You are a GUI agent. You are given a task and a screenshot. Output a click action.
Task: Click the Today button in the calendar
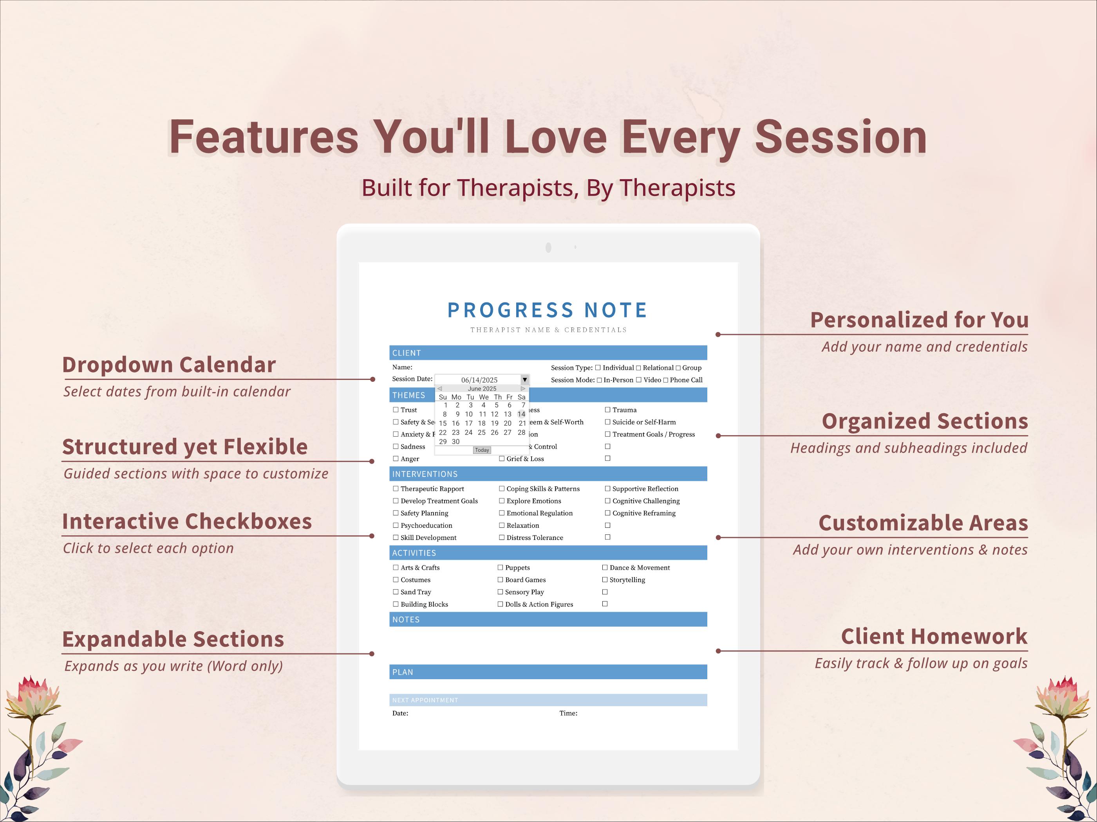482,450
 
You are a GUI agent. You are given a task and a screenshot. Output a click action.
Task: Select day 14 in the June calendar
521,414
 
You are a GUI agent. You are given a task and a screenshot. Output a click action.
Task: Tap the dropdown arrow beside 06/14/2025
525,380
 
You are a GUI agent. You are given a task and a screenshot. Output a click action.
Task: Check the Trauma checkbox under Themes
607,410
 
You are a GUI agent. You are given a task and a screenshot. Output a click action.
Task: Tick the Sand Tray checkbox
396,592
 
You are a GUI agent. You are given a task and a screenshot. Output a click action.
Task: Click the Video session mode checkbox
639,380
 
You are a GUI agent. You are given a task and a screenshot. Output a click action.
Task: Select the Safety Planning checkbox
396,513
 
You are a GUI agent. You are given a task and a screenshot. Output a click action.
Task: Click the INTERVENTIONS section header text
425,474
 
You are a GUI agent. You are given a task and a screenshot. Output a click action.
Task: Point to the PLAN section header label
402,673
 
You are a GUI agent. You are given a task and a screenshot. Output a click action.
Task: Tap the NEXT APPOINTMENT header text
425,700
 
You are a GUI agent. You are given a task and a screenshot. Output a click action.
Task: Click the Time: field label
568,714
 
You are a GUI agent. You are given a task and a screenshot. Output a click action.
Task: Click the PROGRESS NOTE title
548,310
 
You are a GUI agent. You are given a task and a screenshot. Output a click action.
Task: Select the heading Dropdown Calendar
169,365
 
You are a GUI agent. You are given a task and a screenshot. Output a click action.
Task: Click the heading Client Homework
934,637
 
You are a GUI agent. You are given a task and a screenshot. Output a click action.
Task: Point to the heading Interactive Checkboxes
187,522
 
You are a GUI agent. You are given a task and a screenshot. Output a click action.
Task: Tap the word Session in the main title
840,137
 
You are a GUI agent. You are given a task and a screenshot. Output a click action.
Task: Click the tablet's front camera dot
548,247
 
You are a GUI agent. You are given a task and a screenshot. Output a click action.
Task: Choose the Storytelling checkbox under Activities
605,580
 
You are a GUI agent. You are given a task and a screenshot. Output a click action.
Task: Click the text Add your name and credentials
924,347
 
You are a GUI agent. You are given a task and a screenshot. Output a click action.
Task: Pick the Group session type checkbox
678,368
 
